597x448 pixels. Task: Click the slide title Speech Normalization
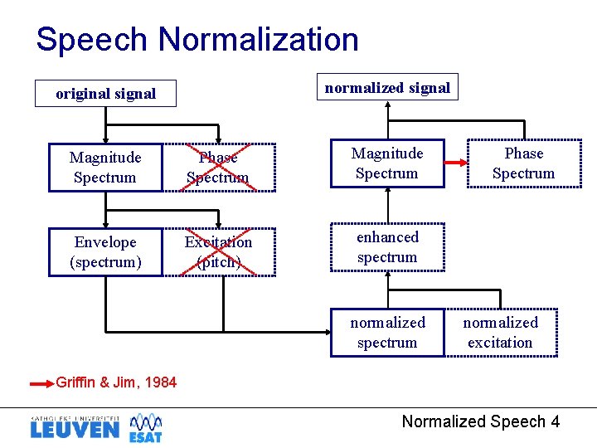[197, 39]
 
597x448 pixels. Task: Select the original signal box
[105, 94]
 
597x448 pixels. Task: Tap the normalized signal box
[387, 88]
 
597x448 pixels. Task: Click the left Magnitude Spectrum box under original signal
[105, 168]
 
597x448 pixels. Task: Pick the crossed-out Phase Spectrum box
[218, 168]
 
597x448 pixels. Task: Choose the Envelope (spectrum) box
[105, 252]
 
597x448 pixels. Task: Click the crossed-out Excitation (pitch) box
[218, 252]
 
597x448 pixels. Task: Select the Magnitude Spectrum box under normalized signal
[387, 163]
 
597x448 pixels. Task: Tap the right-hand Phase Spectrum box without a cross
[523, 163]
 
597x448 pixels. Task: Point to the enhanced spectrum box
[387, 247]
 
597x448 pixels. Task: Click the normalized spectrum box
[387, 333]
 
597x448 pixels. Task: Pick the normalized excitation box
[500, 333]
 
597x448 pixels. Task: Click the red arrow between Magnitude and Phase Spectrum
[456, 163]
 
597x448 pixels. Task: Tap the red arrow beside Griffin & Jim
[41, 383]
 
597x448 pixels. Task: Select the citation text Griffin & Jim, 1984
[116, 382]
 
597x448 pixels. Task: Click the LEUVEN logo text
[74, 430]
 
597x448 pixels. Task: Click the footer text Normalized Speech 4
[480, 421]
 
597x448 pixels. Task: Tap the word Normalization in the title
[258, 39]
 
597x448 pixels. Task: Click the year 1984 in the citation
[160, 382]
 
